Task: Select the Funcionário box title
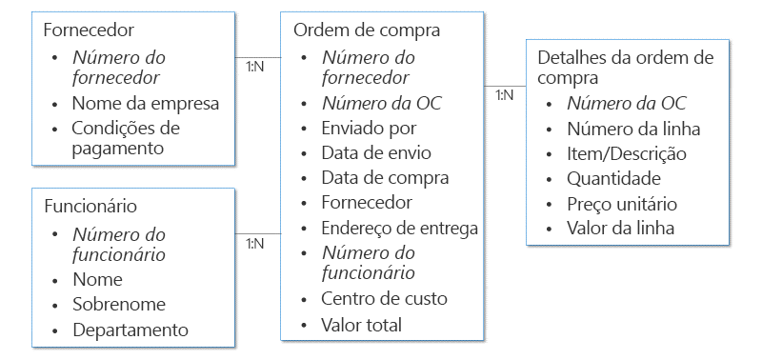click(91, 206)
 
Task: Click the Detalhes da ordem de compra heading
click(625, 67)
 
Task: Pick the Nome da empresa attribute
click(146, 103)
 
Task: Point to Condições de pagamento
click(125, 137)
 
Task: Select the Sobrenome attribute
click(119, 305)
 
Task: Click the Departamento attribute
click(130, 330)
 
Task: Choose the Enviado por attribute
click(369, 128)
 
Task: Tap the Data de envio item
click(376, 152)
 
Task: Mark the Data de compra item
click(385, 177)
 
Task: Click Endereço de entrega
click(399, 228)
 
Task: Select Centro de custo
click(384, 299)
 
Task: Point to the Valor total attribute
click(361, 325)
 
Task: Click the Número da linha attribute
click(633, 129)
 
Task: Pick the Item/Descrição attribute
click(626, 153)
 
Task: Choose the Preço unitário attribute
click(621, 203)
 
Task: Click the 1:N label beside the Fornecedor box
click(254, 66)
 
